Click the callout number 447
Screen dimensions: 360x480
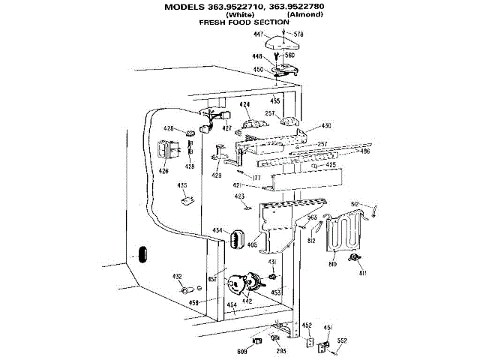pyautogui.click(x=257, y=35)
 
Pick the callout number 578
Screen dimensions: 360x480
pyautogui.click(x=298, y=34)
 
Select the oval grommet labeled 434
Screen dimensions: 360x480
pyautogui.click(x=234, y=239)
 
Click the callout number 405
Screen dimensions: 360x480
pyautogui.click(x=253, y=244)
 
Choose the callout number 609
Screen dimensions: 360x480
pyautogui.click(x=243, y=351)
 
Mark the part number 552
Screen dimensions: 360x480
pyautogui.click(x=342, y=340)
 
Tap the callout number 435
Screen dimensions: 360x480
pyautogui.click(x=181, y=185)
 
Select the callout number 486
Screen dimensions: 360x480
pyautogui.click(x=365, y=151)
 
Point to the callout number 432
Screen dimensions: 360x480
pyautogui.click(x=178, y=276)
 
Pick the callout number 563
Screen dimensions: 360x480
pyautogui.click(x=313, y=217)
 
